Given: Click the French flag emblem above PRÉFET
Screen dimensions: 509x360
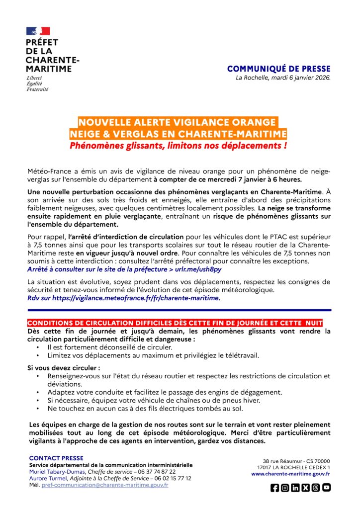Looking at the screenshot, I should coord(38,31).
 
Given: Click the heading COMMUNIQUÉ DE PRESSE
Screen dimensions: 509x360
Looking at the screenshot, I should coord(278,69).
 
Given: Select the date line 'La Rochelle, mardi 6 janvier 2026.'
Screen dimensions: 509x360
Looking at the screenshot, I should coord(283,78).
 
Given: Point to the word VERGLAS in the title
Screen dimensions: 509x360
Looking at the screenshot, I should coord(145,134).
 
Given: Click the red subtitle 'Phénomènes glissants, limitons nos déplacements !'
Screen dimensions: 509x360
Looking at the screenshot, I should coord(179,146).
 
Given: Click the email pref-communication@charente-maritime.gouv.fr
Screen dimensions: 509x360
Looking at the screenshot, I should coord(105,485).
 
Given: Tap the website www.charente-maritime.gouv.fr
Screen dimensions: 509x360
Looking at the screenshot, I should coord(290,474).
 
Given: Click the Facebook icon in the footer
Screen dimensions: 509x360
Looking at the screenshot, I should coord(275,488).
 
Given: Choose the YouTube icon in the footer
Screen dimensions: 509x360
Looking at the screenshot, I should coord(326,488).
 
